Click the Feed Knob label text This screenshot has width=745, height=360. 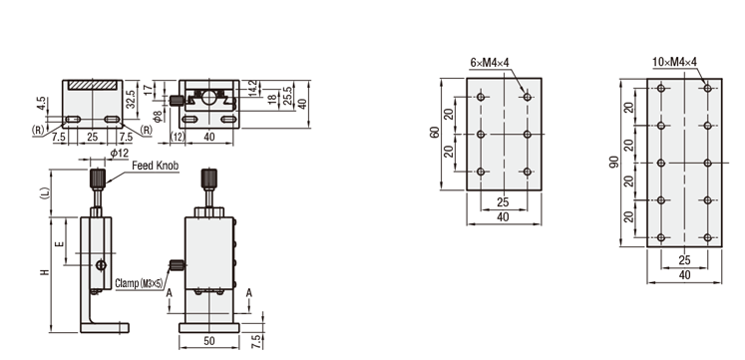coord(156,166)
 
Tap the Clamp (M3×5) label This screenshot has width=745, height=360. coord(139,283)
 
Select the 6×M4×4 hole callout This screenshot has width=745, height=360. coord(490,62)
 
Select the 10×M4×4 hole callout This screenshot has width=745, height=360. coord(674,62)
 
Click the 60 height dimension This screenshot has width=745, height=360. coord(434,133)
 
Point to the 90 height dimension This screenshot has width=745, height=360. coord(614,162)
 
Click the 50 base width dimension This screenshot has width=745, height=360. coord(209,340)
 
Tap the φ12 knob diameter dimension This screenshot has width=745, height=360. coord(120,153)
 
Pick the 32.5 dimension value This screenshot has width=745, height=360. coord(131,100)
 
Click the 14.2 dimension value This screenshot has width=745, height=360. coord(252,88)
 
